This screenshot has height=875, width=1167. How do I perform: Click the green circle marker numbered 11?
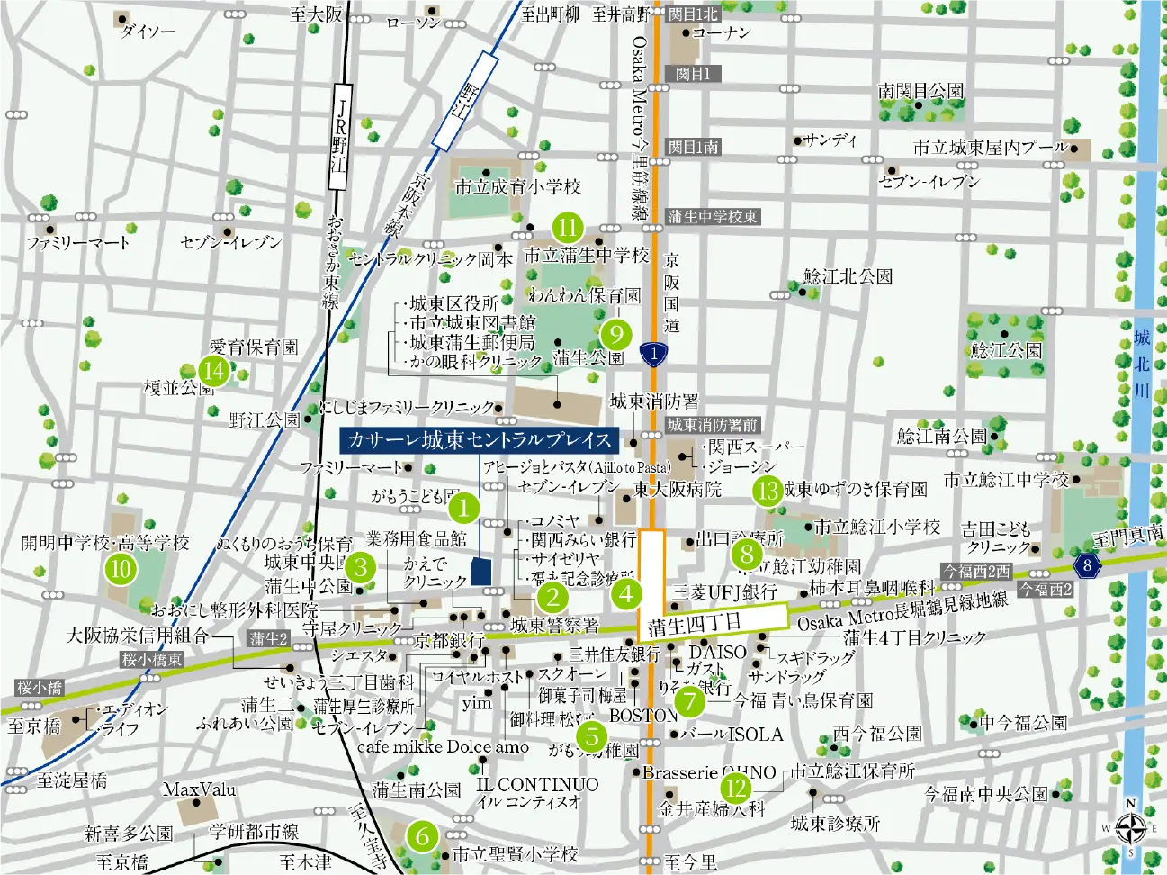[x=567, y=228]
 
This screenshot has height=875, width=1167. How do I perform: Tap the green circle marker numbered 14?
[x=214, y=371]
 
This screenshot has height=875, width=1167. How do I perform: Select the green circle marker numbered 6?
[x=422, y=836]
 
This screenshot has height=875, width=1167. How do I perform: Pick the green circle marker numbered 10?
[x=121, y=569]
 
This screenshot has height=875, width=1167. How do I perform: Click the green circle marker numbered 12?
[x=737, y=789]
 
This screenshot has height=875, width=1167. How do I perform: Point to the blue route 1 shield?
[x=654, y=354]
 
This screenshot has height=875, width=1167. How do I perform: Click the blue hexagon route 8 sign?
[x=1087, y=565]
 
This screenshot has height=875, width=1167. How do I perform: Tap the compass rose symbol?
[x=1130, y=827]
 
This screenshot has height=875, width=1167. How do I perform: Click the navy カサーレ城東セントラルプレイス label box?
[x=479, y=440]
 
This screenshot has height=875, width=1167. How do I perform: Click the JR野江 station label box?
[x=339, y=137]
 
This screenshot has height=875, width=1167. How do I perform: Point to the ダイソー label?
[x=148, y=32]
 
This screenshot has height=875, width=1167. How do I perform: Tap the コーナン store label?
[x=721, y=32]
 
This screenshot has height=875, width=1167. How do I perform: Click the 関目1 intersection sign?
[x=693, y=74]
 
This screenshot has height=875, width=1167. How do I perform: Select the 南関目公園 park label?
[x=920, y=91]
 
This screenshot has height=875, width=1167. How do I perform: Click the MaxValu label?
[x=200, y=789]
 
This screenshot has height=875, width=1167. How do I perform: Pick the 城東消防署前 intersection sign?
[x=712, y=425]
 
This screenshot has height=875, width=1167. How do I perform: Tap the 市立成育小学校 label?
[x=517, y=187]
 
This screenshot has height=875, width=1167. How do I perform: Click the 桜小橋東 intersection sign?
[x=152, y=660]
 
